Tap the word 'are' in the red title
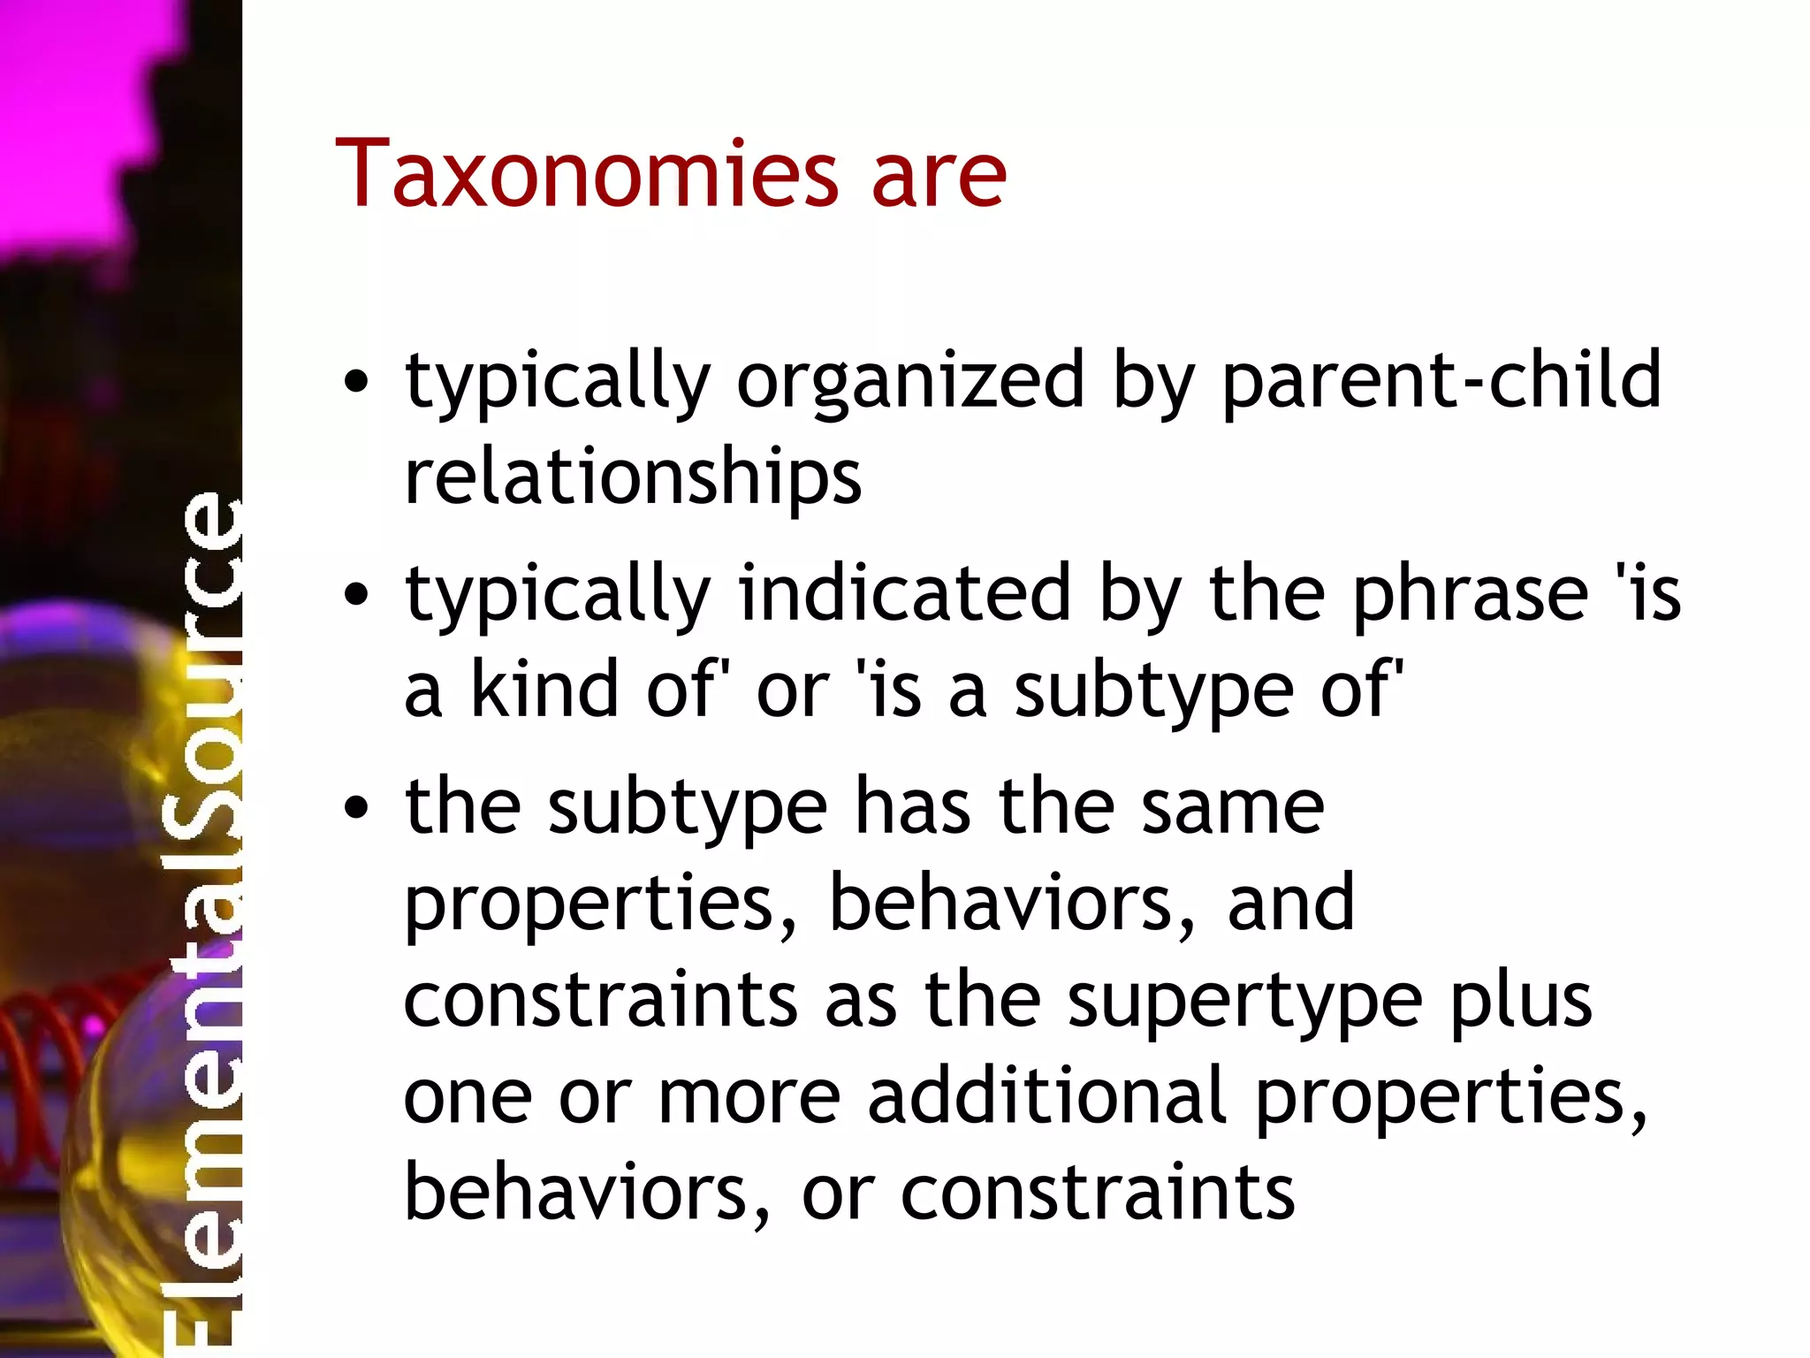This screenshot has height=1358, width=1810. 939,177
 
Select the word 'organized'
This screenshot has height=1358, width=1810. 910,382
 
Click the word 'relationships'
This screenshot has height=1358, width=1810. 633,477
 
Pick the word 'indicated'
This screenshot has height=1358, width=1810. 903,593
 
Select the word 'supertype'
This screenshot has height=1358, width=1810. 1244,1003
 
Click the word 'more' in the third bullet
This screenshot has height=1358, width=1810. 749,1098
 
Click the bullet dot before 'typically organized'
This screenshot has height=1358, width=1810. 356,383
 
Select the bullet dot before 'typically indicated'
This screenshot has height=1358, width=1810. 356,595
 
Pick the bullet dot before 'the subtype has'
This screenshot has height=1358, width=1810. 356,807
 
